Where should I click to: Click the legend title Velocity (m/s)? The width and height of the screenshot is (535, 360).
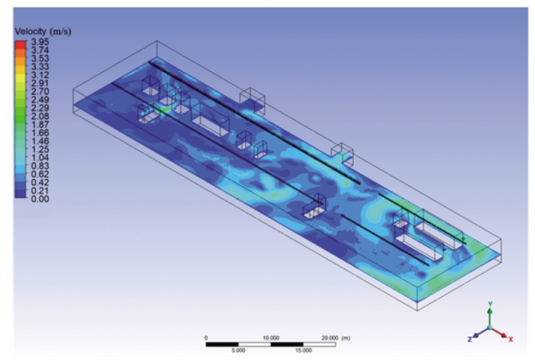(x=43, y=32)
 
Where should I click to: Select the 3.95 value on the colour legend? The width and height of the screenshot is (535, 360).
(x=40, y=42)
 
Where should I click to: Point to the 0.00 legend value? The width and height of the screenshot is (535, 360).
(x=40, y=199)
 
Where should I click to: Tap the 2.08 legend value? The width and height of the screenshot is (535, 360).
(x=40, y=116)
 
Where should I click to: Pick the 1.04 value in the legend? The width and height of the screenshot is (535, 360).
(x=40, y=158)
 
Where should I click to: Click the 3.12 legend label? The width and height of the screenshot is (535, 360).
(x=40, y=75)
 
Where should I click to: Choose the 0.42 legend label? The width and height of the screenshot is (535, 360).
(x=40, y=183)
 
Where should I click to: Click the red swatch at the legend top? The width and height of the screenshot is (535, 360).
(x=21, y=45)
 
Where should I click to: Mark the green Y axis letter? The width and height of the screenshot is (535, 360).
(x=490, y=303)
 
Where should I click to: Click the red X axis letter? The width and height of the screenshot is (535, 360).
(x=511, y=339)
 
